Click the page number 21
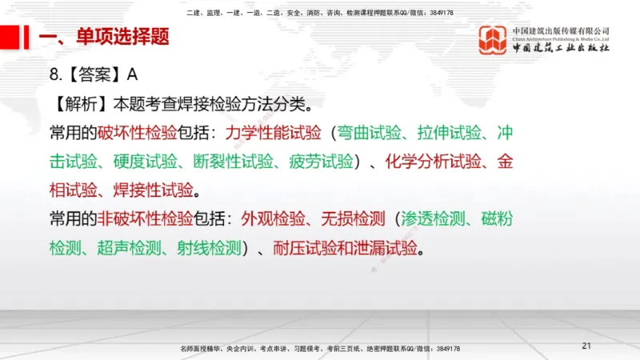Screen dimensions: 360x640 click(x=586, y=346)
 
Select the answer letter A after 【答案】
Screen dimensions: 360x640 click(x=133, y=74)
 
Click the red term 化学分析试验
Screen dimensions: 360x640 click(x=433, y=161)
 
